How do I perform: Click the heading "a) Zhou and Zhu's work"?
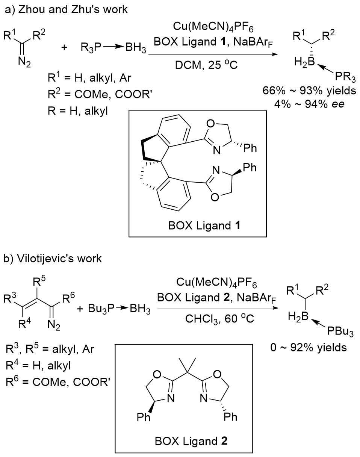pyautogui.click(x=66, y=10)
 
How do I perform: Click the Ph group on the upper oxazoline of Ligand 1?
pyautogui.click(x=250, y=148)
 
